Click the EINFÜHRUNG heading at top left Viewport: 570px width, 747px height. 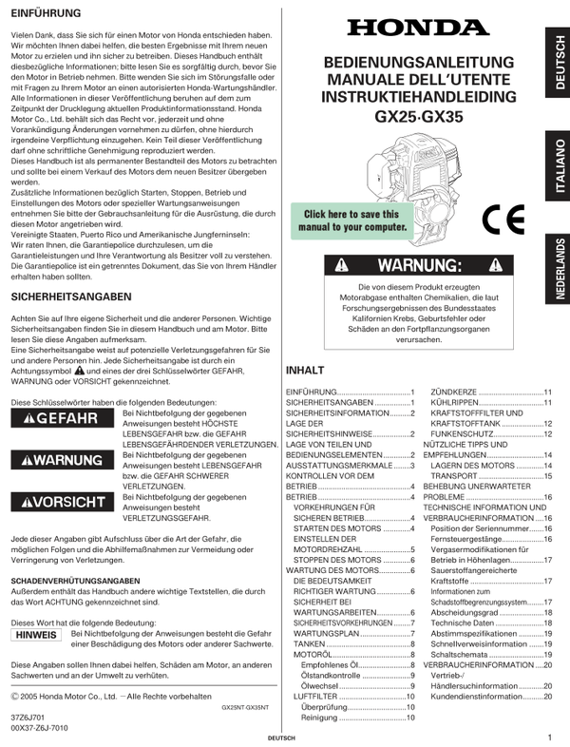coord(45,13)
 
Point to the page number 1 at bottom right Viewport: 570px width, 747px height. coord(549,737)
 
